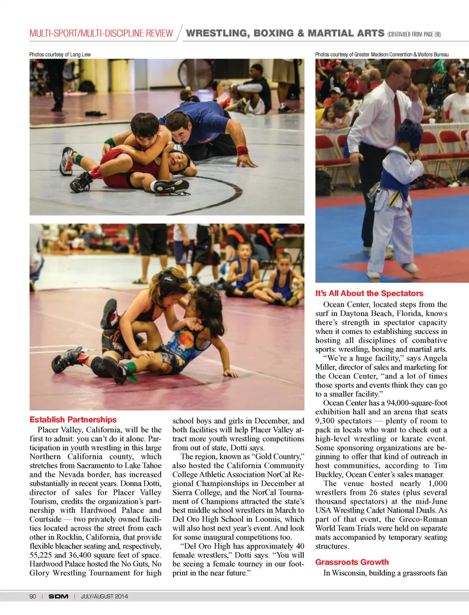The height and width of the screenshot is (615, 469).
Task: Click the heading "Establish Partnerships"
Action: pyautogui.click(x=73, y=420)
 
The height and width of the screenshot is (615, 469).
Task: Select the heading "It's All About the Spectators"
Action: pyautogui.click(x=369, y=293)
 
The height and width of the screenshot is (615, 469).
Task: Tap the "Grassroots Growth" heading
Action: pyautogui.click(x=352, y=562)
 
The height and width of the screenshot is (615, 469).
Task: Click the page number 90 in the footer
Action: pyautogui.click(x=33, y=596)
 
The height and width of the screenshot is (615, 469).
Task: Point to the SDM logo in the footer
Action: pyautogui.click(x=58, y=596)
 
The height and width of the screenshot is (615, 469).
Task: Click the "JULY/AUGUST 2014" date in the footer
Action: pyautogui.click(x=104, y=596)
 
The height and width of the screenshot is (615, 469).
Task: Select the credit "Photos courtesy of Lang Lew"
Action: pyautogui.click(x=60, y=55)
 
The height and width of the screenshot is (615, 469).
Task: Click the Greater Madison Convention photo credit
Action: pyautogui.click(x=382, y=55)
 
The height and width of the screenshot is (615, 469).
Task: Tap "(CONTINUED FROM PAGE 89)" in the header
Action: pyautogui.click(x=414, y=34)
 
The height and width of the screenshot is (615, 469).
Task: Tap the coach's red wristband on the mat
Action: pyautogui.click(x=242, y=150)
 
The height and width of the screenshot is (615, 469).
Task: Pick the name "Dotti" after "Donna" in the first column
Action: pyautogui.click(x=151, y=484)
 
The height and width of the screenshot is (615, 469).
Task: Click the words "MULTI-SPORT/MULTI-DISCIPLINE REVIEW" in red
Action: pyautogui.click(x=101, y=34)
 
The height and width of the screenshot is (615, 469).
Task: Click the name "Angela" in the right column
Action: pyautogui.click(x=435, y=358)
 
